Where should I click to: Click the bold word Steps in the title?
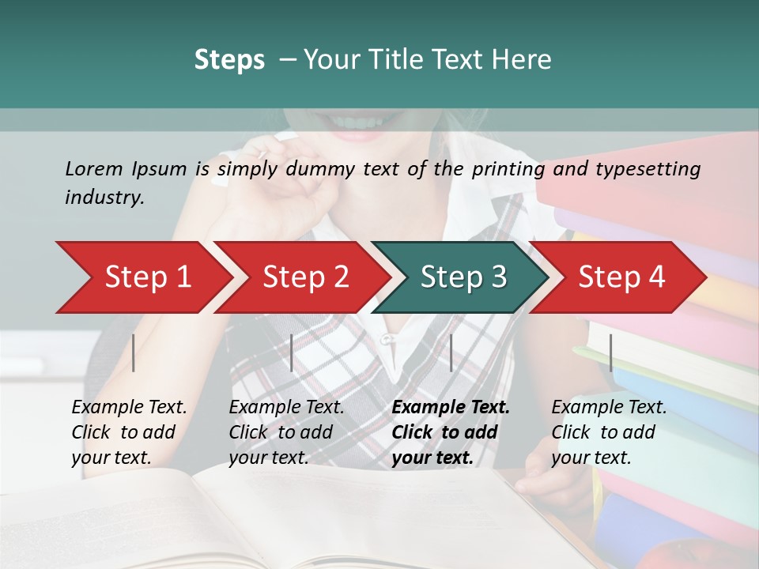(229, 60)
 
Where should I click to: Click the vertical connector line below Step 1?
(134, 352)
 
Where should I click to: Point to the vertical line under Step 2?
(292, 352)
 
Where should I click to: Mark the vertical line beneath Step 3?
(451, 352)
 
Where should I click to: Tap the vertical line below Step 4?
(610, 352)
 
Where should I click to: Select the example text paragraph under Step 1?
(129, 432)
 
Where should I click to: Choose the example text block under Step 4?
(609, 432)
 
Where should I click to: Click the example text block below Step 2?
(286, 432)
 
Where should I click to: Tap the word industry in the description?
(103, 198)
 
